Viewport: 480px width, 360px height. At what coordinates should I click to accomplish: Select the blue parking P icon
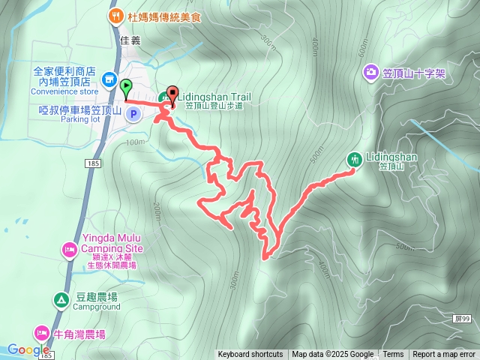133,114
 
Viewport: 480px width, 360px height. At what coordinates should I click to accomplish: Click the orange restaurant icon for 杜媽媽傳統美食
115,15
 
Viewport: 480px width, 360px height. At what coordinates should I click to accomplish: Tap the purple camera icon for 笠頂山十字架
371,72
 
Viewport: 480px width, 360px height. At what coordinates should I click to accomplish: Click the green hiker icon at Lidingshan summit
355,159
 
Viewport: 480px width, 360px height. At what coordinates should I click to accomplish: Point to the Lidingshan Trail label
214,96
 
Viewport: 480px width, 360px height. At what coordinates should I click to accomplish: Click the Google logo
28,349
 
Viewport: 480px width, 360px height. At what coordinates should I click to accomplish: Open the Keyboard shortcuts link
250,355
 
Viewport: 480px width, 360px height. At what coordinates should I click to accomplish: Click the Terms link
393,355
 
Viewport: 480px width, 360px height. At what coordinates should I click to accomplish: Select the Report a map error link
444,355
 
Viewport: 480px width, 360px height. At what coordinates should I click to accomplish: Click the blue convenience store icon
109,79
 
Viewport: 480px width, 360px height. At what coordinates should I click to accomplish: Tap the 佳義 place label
130,40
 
